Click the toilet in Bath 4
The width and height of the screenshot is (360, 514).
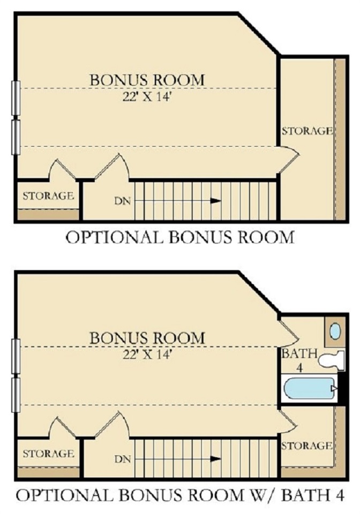[x=332, y=360]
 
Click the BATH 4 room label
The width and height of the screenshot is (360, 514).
[x=299, y=360]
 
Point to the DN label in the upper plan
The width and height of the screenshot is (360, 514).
[x=123, y=201]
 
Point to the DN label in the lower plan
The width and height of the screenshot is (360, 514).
[x=123, y=459]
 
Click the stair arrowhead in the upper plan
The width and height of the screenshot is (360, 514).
[x=215, y=201]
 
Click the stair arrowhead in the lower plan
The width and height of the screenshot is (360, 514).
[x=215, y=459]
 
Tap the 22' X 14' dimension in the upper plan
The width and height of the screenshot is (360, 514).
[x=147, y=96]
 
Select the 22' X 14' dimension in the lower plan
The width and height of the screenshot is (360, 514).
[x=147, y=354]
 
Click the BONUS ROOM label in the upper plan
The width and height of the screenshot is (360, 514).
[x=147, y=80]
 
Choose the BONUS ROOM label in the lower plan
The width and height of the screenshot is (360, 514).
[x=147, y=338]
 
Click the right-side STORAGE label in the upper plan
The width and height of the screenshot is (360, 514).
[x=307, y=131]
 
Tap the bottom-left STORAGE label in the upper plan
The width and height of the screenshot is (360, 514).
[x=48, y=196]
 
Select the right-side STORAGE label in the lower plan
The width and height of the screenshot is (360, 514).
[x=306, y=446]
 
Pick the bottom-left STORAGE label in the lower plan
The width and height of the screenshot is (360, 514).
[x=48, y=453]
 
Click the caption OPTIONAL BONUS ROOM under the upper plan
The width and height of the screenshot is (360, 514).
[x=180, y=237]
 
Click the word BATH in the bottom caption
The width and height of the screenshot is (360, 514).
[x=306, y=495]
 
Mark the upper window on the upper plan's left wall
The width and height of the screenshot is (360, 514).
[x=16, y=98]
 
